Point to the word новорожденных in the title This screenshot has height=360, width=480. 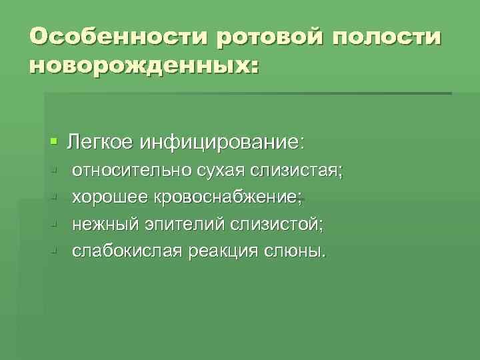(x=139, y=67)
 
